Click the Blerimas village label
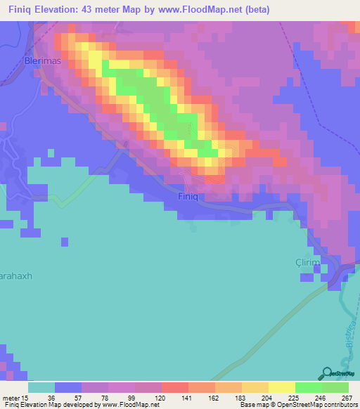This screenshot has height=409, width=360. pyautogui.click(x=42, y=61)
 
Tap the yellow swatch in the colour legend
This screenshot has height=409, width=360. pyautogui.click(x=281, y=387)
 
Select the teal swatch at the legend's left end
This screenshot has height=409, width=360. pyautogui.click(x=41, y=387)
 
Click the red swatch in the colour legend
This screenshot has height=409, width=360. pyautogui.click(x=174, y=387)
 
